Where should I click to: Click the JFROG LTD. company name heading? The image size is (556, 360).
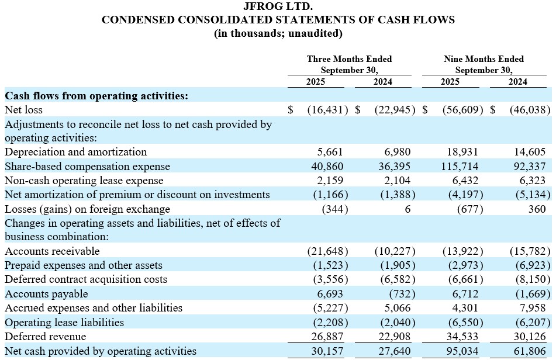(x=278, y=6)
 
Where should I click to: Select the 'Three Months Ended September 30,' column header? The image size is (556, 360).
(x=349, y=64)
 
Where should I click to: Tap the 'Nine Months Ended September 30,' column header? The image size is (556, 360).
(x=484, y=64)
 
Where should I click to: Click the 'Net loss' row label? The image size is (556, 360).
(x=23, y=109)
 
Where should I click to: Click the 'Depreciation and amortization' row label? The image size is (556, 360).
(x=75, y=152)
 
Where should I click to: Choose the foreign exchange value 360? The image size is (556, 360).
(x=536, y=209)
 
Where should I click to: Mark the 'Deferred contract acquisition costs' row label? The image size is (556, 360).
(x=85, y=279)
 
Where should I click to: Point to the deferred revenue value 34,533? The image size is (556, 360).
(x=462, y=337)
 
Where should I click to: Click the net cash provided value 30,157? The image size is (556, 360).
(x=329, y=351)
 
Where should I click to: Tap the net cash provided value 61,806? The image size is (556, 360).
(x=530, y=351)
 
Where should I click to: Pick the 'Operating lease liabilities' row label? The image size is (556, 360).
(x=64, y=322)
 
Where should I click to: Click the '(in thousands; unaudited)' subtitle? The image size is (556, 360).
(x=278, y=33)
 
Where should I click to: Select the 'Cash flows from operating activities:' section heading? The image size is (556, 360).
(x=96, y=95)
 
